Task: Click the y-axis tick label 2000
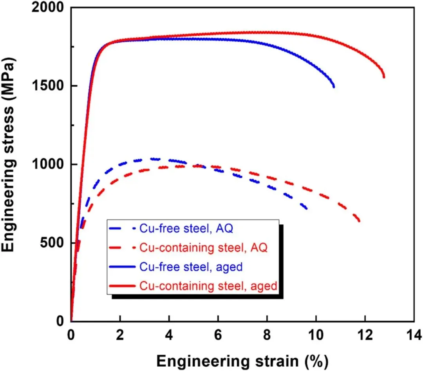(48, 8)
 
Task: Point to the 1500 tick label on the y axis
(48, 86)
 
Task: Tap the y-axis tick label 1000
(48, 165)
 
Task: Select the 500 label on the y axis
(53, 243)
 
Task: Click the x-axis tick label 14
(414, 336)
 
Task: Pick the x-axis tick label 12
(365, 336)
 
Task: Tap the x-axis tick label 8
(267, 336)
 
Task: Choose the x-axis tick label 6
(218, 336)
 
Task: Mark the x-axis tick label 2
(120, 336)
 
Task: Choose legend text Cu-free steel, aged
(191, 267)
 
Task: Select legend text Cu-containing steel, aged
(208, 286)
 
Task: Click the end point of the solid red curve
(384, 77)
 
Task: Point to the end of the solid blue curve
(334, 87)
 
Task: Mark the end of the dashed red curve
(359, 222)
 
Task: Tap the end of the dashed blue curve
(306, 209)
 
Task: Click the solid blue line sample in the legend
(123, 267)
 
